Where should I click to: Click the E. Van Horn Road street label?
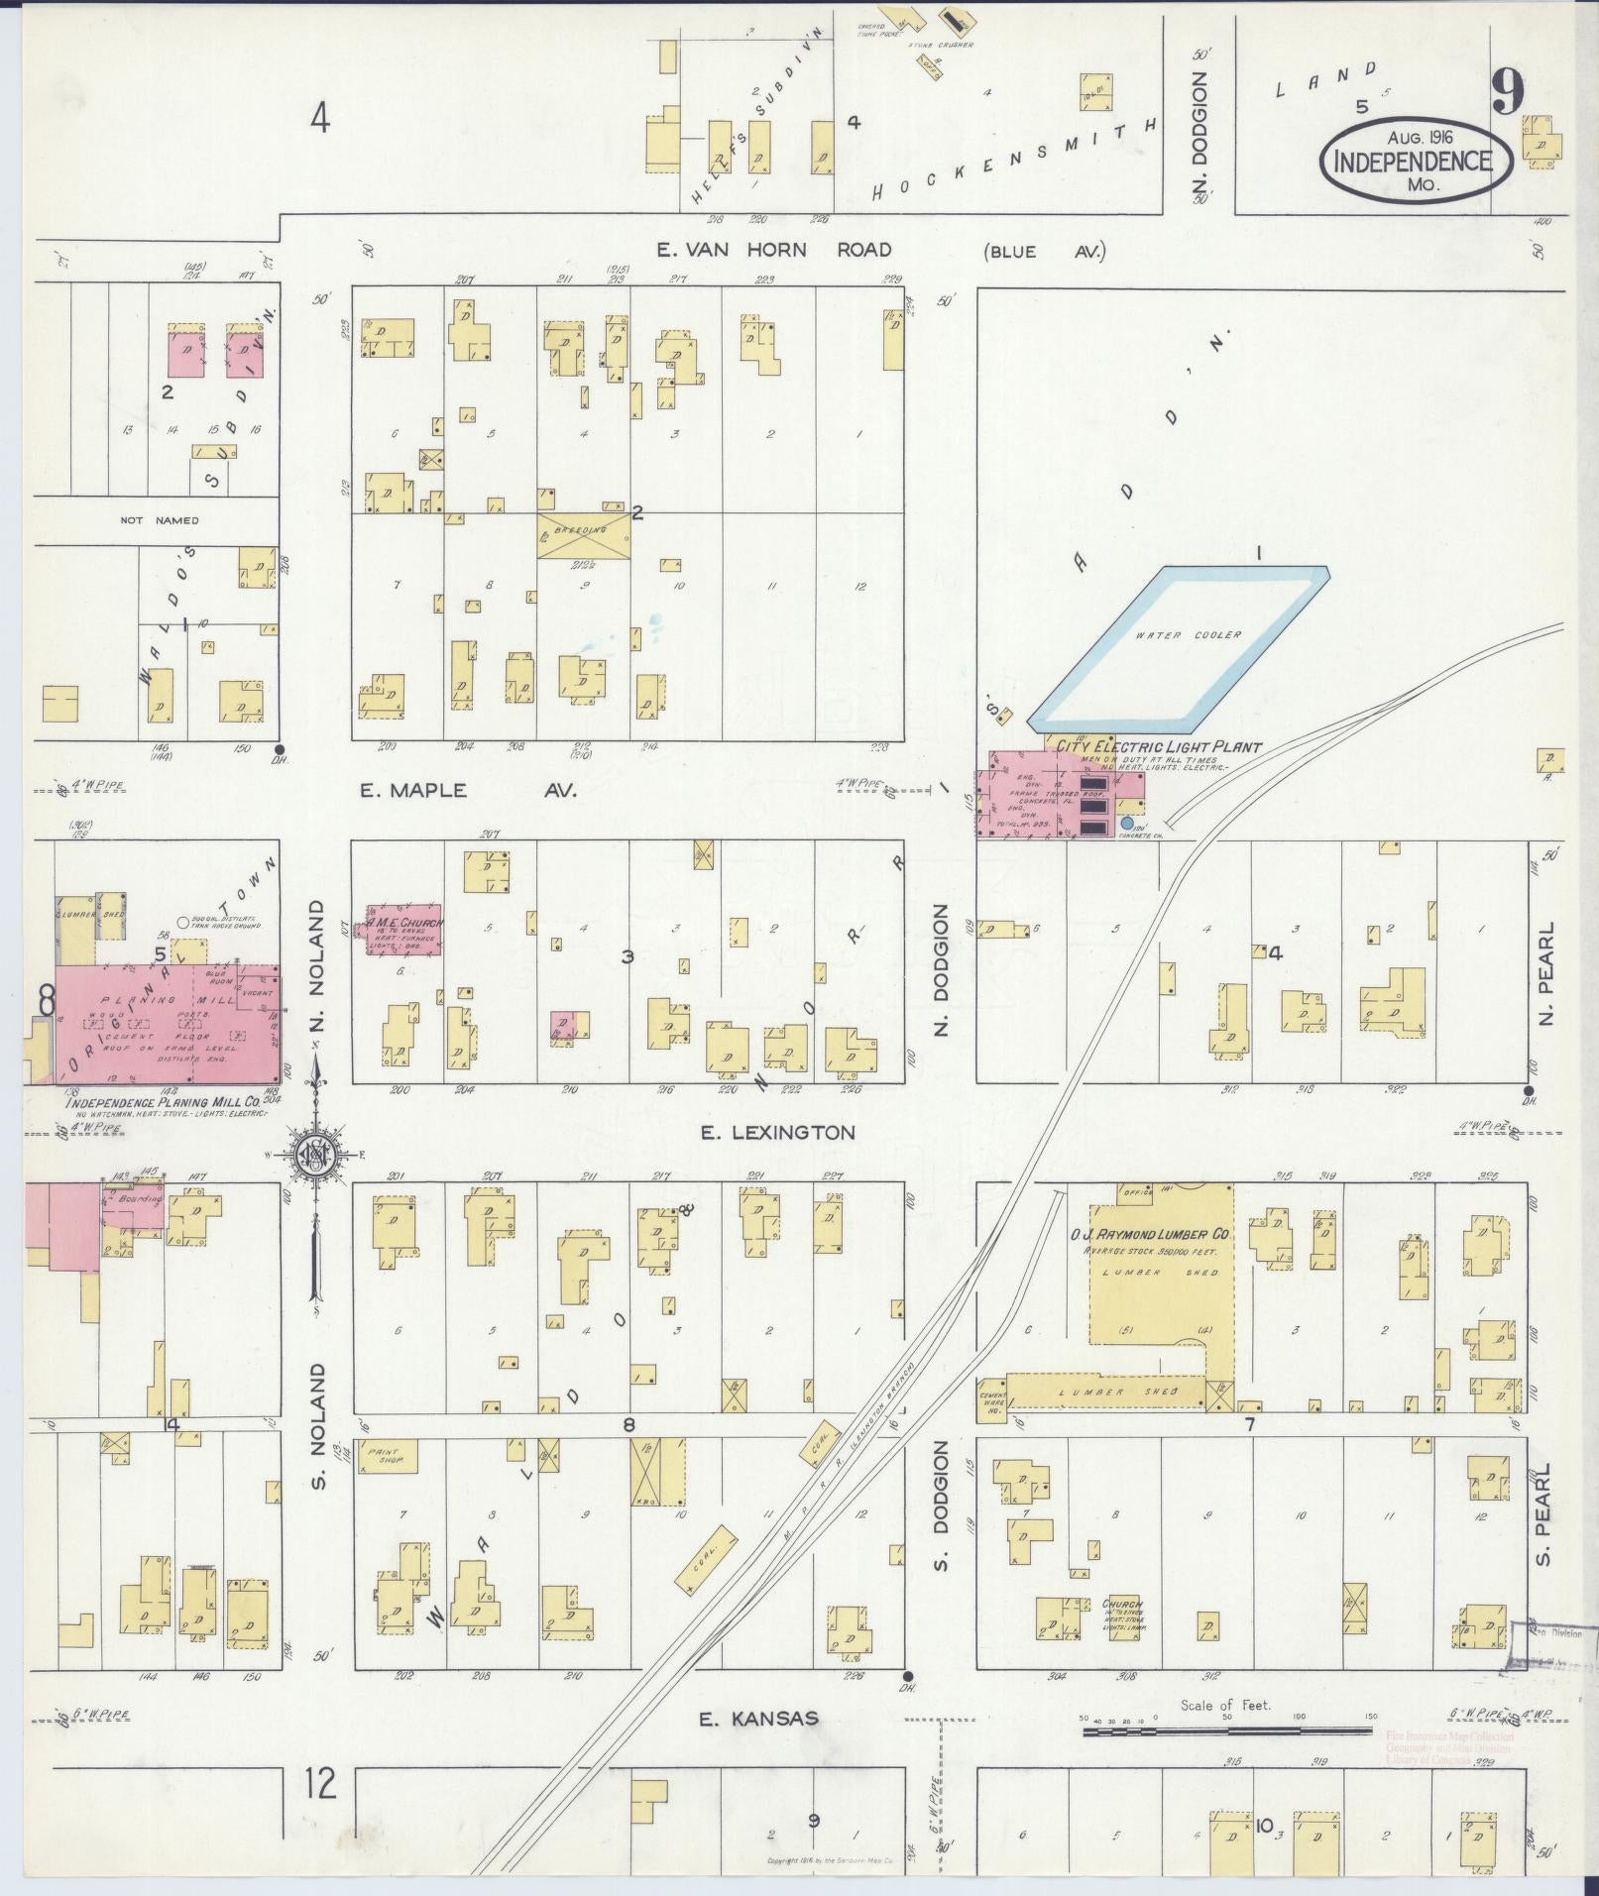[x=774, y=250]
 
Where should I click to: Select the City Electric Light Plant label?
[x=1158, y=746]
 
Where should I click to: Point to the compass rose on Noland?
[x=316, y=1156]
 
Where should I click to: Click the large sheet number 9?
[x=1506, y=96]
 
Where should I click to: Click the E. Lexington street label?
[x=778, y=1132]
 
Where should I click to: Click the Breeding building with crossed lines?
[x=584, y=533]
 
